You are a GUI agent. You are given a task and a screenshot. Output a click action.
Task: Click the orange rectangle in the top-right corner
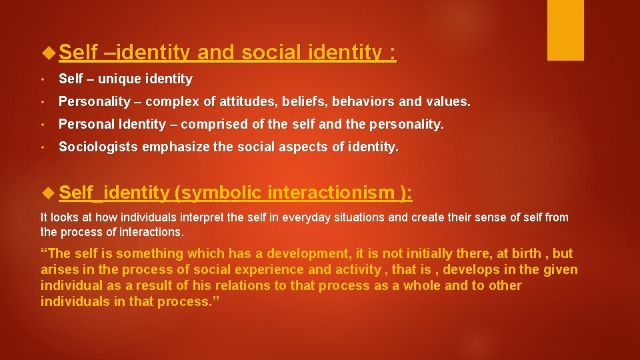565,30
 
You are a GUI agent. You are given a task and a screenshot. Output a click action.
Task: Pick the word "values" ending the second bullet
450,102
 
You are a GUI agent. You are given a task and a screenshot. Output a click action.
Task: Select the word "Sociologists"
95,147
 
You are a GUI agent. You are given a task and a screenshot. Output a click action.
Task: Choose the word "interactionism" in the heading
331,193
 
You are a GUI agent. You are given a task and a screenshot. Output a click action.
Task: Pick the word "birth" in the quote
526,254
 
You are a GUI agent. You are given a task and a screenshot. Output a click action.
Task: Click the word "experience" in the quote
256,270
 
